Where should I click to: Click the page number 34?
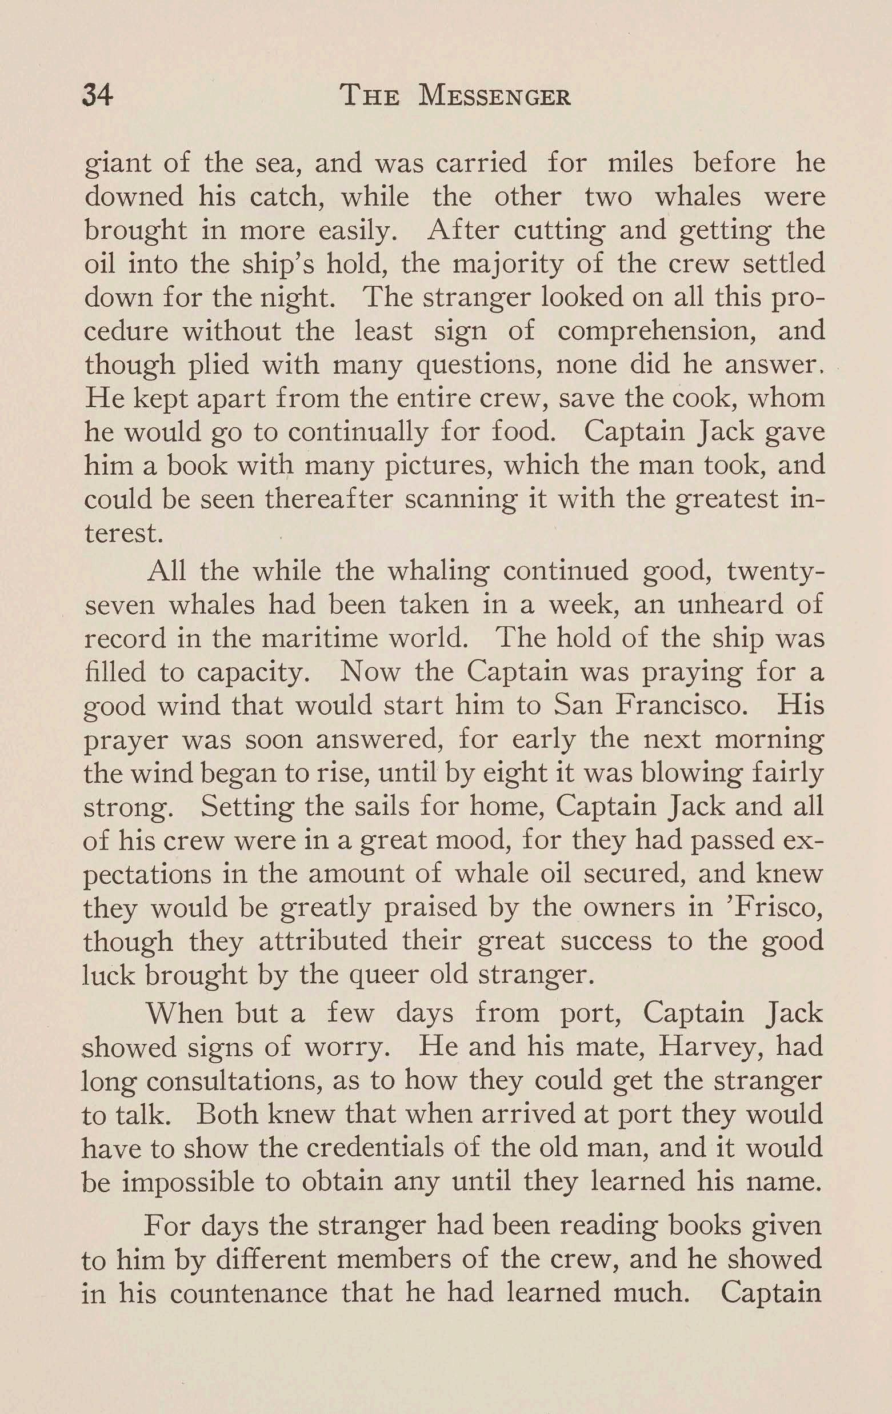tap(98, 95)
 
